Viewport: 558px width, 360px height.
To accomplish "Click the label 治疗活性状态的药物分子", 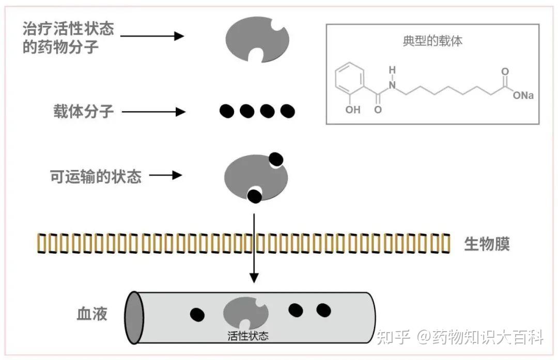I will click(x=68, y=38).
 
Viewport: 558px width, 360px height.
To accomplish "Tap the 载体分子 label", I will click(x=83, y=111).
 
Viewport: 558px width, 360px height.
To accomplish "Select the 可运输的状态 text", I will click(x=96, y=176).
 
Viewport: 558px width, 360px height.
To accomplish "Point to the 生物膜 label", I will click(x=487, y=244).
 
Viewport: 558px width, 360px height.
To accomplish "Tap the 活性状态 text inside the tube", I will click(x=248, y=336).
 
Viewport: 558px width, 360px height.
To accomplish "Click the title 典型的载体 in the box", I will click(x=432, y=41).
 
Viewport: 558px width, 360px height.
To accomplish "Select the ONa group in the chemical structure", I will click(x=522, y=96).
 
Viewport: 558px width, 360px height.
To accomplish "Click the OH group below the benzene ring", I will click(x=353, y=110).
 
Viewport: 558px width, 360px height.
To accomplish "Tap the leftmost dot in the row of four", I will click(x=227, y=111).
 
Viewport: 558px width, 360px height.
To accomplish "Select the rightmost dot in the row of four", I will click(x=287, y=111).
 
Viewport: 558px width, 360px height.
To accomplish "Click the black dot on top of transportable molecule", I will click(x=276, y=159).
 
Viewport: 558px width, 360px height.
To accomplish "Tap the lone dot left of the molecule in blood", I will click(x=197, y=314).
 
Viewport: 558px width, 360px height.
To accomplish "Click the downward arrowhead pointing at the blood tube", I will click(x=254, y=278).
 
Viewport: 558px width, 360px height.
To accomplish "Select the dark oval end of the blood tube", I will click(x=135, y=317).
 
